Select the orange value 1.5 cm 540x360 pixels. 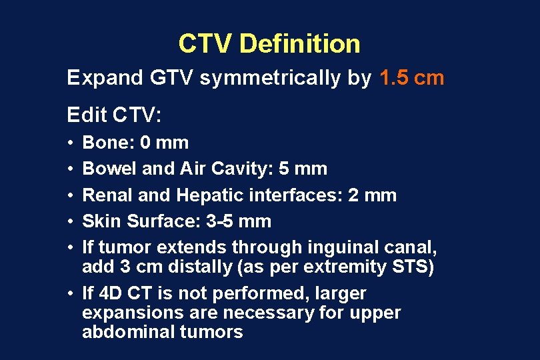[x=411, y=78]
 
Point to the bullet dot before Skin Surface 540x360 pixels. [x=70, y=221]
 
